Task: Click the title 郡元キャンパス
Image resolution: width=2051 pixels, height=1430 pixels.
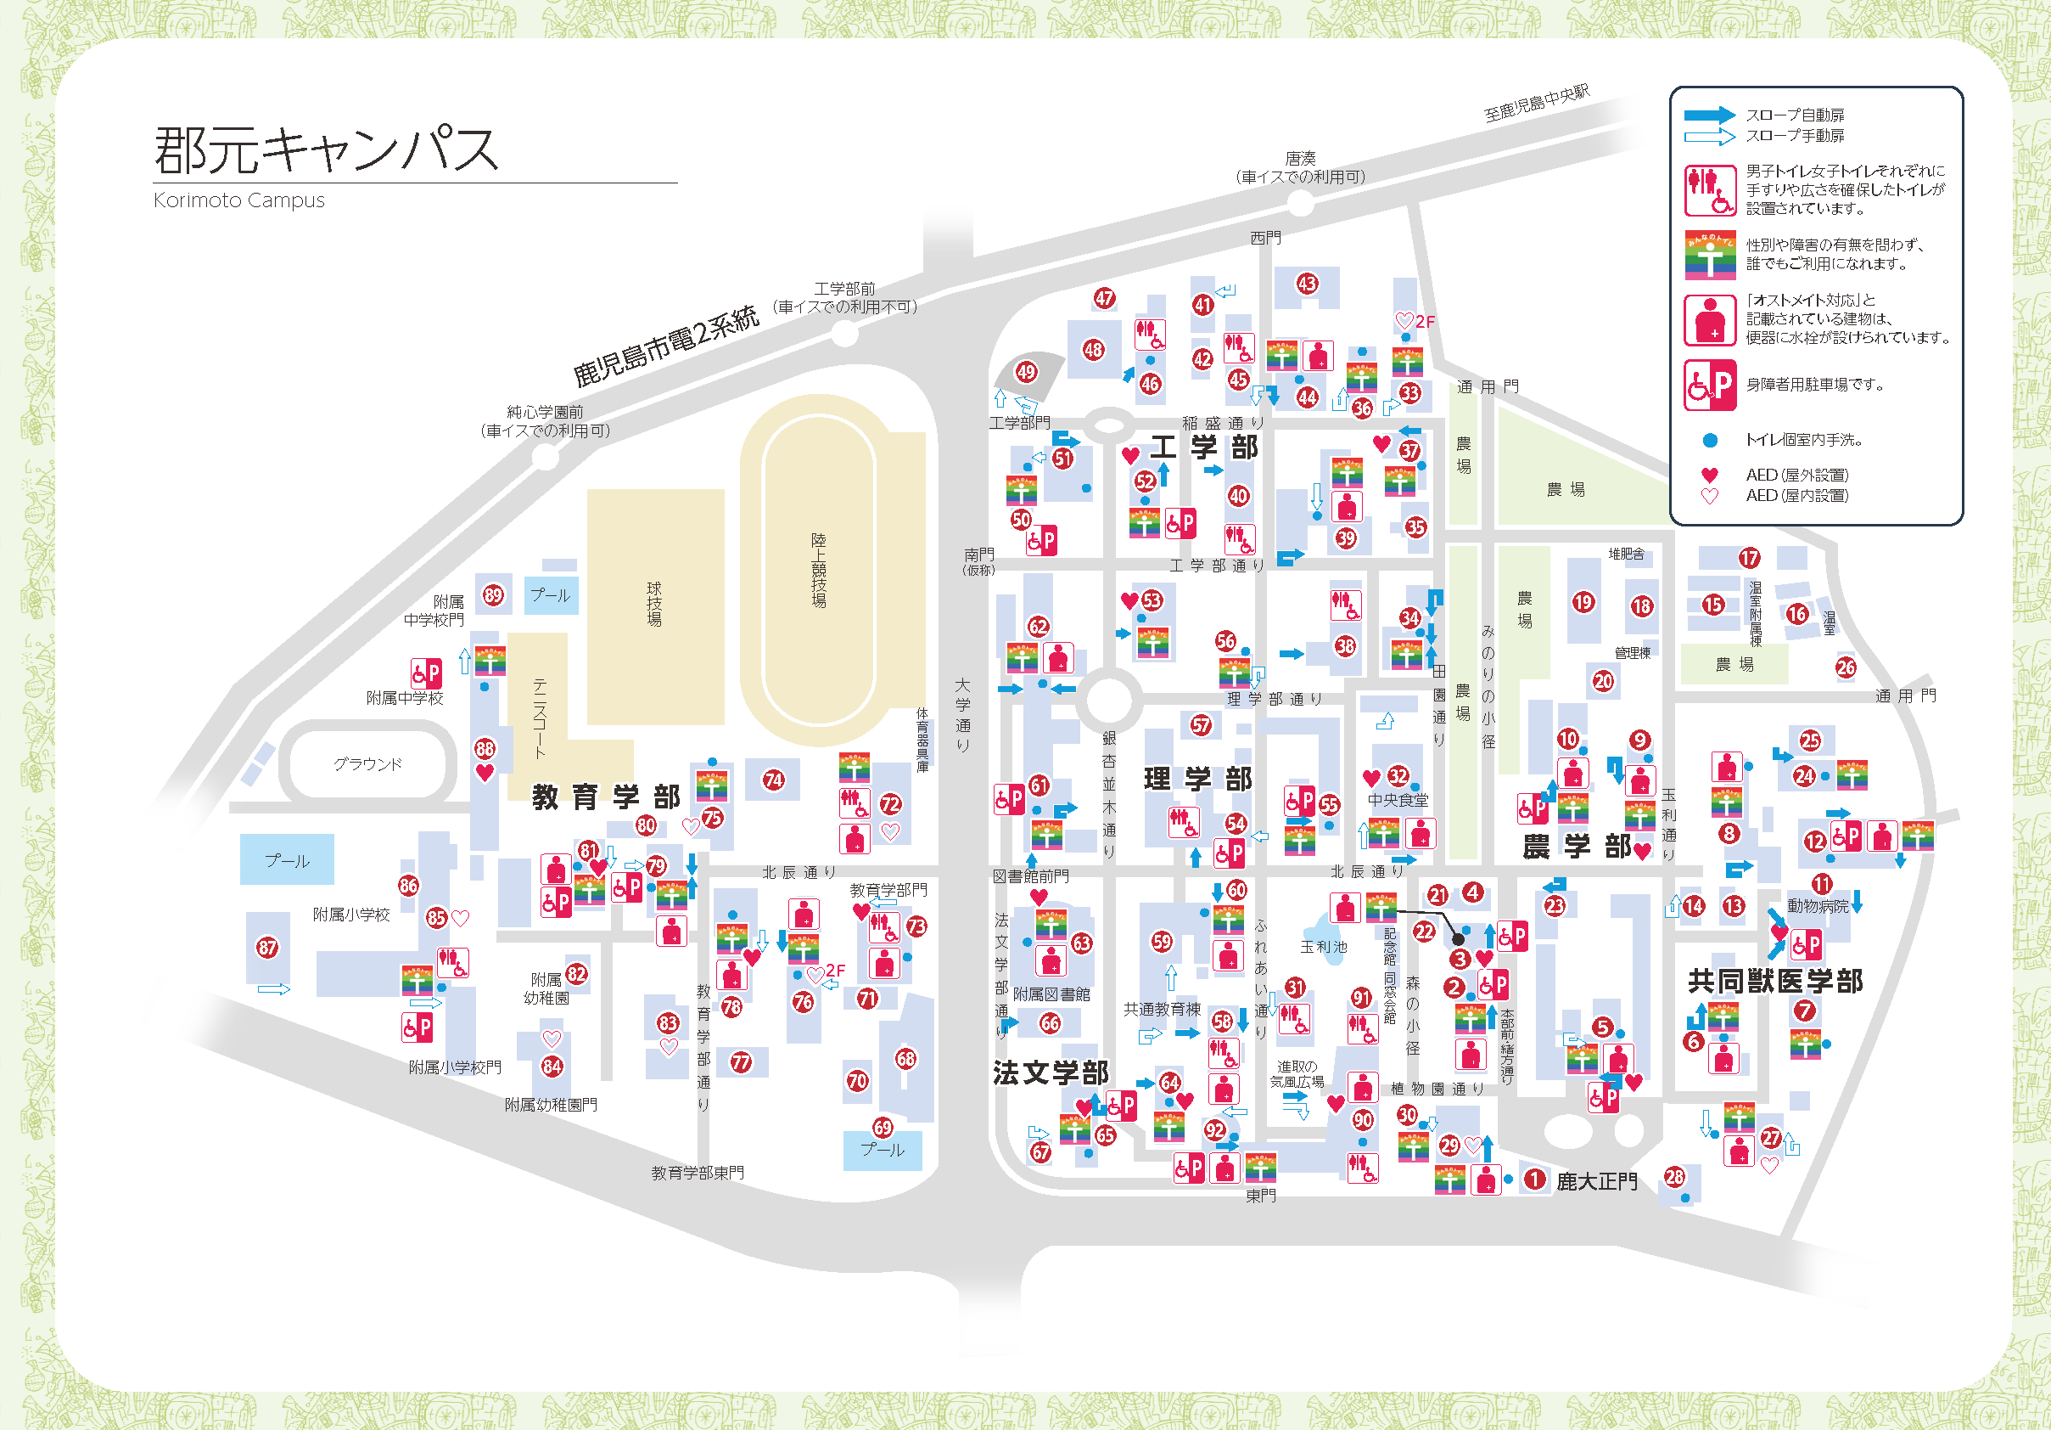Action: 326,149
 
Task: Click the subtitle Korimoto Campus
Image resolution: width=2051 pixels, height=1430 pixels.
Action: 238,200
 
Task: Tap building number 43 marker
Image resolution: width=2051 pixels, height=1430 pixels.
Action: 1307,284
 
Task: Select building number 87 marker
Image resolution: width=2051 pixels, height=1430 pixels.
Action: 267,948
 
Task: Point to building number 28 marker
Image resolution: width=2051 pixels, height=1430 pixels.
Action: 1674,1177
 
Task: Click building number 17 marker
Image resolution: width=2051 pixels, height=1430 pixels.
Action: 1748,559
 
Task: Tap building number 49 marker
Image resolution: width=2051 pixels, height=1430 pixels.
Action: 1027,372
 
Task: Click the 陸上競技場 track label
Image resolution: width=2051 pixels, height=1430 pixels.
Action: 818,570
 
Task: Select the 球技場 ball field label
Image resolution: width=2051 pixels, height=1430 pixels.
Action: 654,604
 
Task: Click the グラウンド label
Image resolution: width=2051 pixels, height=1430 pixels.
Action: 367,764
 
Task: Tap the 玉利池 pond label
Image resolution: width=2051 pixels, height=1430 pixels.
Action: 1323,947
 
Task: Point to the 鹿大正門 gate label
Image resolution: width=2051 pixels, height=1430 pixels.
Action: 1596,1181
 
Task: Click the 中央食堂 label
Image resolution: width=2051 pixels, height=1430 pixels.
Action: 1397,800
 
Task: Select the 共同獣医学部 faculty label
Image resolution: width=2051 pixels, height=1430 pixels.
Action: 1775,982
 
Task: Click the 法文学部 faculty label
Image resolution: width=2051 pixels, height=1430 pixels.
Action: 1051,1072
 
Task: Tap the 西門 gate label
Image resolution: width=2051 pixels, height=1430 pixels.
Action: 1265,238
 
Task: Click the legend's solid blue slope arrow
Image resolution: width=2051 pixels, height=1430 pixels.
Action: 1709,115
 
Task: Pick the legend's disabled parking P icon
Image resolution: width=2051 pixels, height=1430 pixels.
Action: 1709,386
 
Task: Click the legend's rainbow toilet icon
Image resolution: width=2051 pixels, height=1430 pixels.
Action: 1709,256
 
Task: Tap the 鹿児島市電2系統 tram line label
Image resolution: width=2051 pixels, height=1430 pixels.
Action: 665,346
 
